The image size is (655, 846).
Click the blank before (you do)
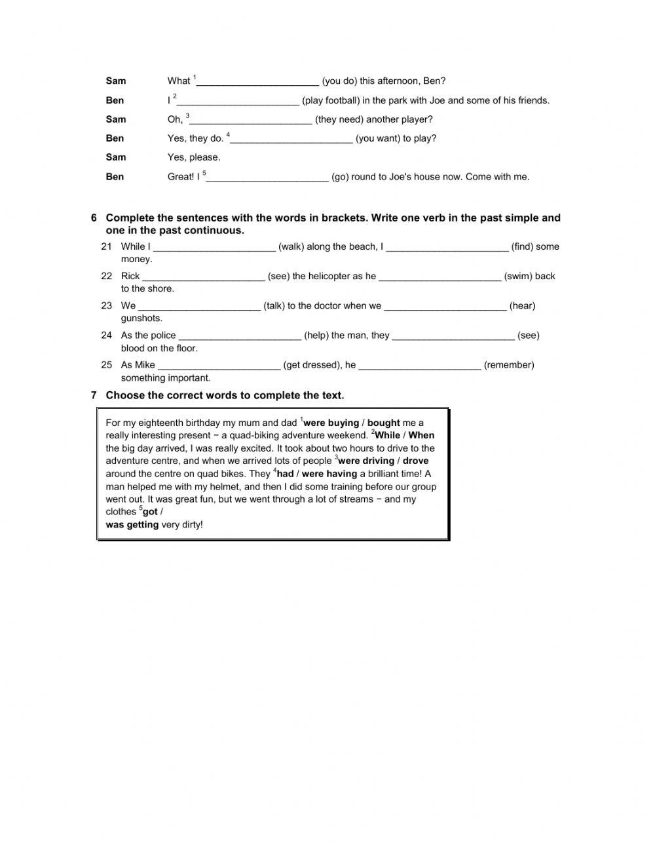[257, 81]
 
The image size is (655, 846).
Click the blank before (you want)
[291, 138]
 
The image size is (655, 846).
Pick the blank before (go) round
[267, 176]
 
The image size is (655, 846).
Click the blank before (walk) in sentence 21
[214, 247]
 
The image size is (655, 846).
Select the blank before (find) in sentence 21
[447, 247]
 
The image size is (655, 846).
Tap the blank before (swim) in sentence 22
[440, 277]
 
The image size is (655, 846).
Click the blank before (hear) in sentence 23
[445, 306]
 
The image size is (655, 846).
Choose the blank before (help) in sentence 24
[240, 336]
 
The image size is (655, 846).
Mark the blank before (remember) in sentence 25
[420, 365]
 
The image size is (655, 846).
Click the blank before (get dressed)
[219, 365]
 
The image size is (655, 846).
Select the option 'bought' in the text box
[383, 423]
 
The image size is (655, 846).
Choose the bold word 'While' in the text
[387, 435]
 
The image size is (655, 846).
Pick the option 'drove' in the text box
[415, 461]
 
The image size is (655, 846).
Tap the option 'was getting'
[132, 524]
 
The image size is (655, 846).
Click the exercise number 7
[94, 395]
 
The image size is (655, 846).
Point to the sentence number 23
[107, 305]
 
